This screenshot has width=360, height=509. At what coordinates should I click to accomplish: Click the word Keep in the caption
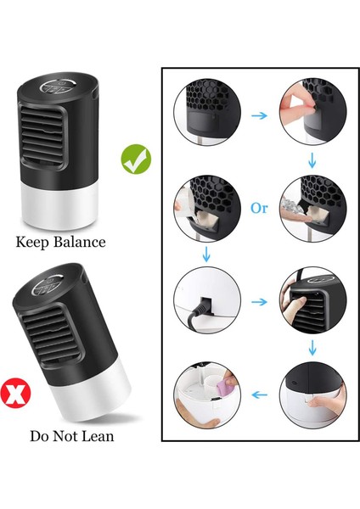tap(34, 242)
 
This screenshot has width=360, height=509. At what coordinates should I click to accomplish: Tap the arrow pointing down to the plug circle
tap(205, 252)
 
